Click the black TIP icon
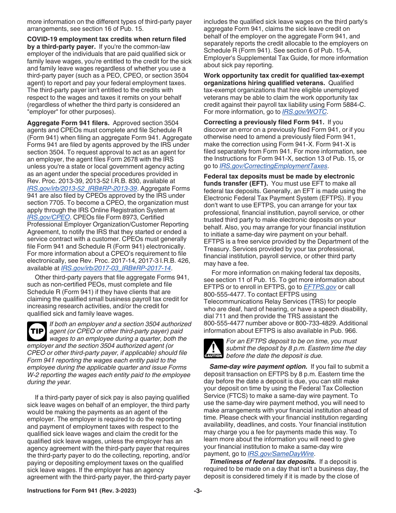click(37, 331)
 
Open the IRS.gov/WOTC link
click(304, 112)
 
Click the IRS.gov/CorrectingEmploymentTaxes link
click(268, 166)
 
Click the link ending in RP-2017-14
click(116, 268)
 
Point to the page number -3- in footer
click(198, 491)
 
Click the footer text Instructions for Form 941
click(81, 491)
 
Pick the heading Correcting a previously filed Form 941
click(263, 122)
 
